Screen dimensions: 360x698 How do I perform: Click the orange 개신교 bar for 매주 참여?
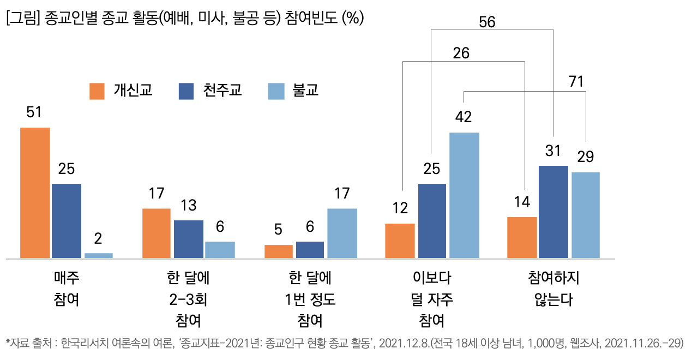tap(35, 193)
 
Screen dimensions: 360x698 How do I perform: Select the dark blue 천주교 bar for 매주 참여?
tap(67, 220)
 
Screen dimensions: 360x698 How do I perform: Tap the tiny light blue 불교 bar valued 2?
tap(99, 255)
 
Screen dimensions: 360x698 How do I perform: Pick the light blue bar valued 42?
tap(464, 195)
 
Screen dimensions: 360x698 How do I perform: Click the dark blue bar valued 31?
tap(553, 212)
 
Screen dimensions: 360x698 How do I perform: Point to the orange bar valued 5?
tap(279, 251)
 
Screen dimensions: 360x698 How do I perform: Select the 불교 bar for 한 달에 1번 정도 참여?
tap(342, 233)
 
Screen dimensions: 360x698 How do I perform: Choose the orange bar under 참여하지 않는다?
tap(522, 237)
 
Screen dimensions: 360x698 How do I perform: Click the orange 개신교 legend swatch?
tap(97, 91)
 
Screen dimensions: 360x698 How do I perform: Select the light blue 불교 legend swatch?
tap(275, 91)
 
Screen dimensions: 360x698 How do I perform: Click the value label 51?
tap(34, 112)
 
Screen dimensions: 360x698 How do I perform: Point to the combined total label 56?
tap(487, 22)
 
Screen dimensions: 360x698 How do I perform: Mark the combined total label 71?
tap(576, 82)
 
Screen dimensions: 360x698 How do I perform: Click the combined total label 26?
tap(461, 53)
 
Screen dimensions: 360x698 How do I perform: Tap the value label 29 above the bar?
tap(586, 157)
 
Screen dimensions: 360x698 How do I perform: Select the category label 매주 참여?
tap(67, 289)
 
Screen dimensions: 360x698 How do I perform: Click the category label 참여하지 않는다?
tap(553, 289)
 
